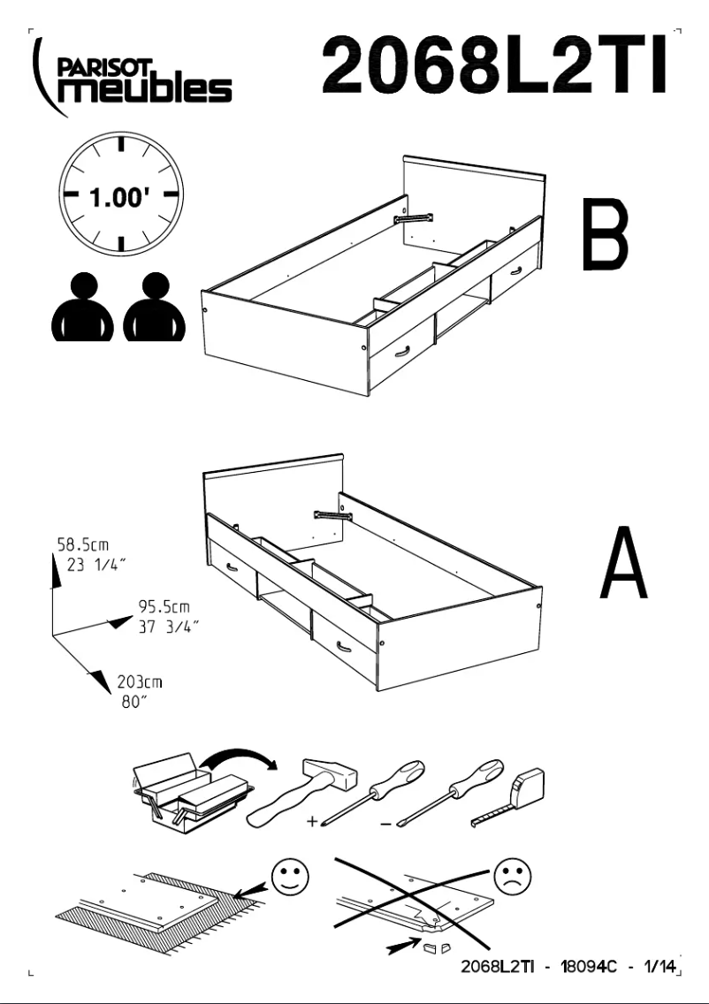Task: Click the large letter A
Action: (x=623, y=563)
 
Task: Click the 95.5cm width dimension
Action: (x=164, y=608)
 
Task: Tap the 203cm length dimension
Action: (x=140, y=682)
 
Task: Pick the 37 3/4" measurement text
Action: (x=168, y=627)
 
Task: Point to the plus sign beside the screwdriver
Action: (x=312, y=822)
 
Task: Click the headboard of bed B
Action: (x=474, y=190)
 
